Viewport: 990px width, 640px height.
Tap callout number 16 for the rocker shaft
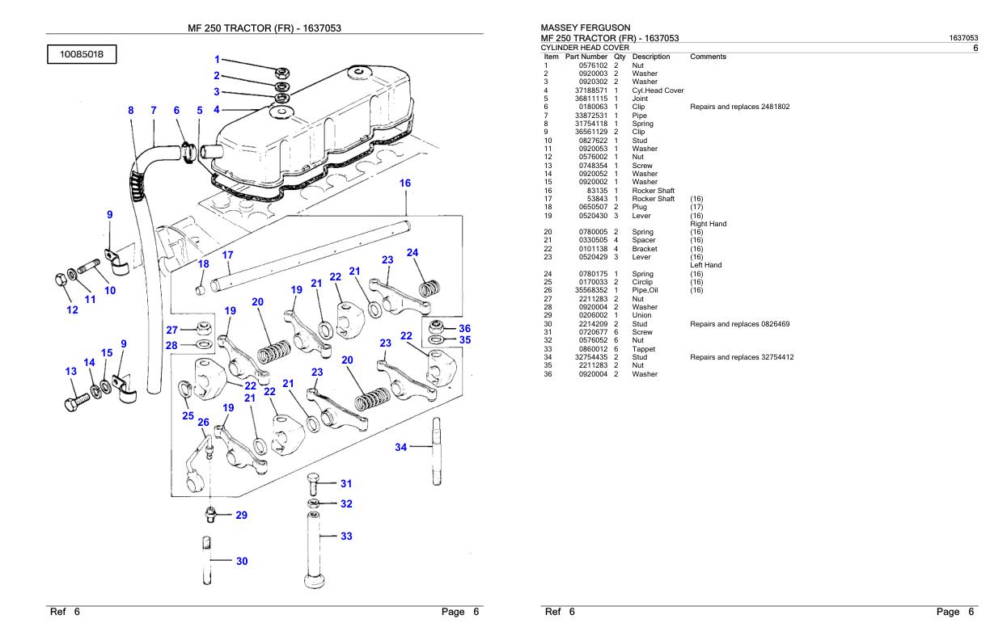[405, 183]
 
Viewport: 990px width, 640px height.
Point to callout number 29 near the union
[240, 515]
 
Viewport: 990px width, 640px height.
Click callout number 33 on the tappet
[346, 536]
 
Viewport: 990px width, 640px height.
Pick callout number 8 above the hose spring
[131, 110]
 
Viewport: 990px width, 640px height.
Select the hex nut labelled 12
[61, 280]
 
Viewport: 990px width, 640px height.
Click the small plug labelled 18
[200, 288]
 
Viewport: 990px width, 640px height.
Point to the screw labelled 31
[313, 484]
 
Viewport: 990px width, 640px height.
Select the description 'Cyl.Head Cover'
[658, 91]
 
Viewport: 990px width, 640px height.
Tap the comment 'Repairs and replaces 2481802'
[739, 107]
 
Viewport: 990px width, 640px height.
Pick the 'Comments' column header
[709, 57]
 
